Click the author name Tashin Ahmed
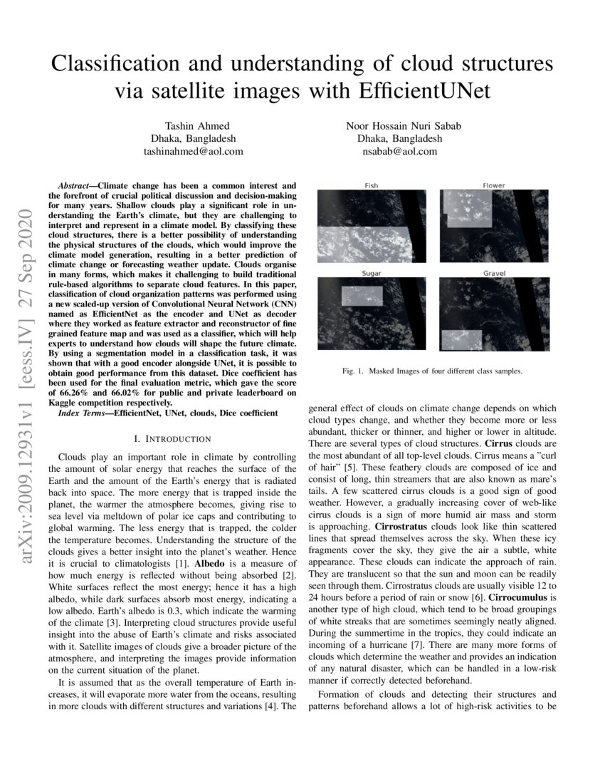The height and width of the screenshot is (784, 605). coord(194,125)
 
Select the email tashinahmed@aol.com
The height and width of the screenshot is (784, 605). coord(194,151)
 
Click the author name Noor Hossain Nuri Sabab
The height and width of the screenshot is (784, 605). coord(404,125)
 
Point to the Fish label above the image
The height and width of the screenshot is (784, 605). coord(372,185)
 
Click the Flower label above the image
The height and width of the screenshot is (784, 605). coord(494,185)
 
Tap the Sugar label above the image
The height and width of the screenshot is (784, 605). coord(372,274)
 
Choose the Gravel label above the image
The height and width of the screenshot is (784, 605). coord(494,274)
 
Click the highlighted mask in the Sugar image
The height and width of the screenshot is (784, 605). coord(362,298)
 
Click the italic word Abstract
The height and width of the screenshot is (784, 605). coord(78,184)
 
